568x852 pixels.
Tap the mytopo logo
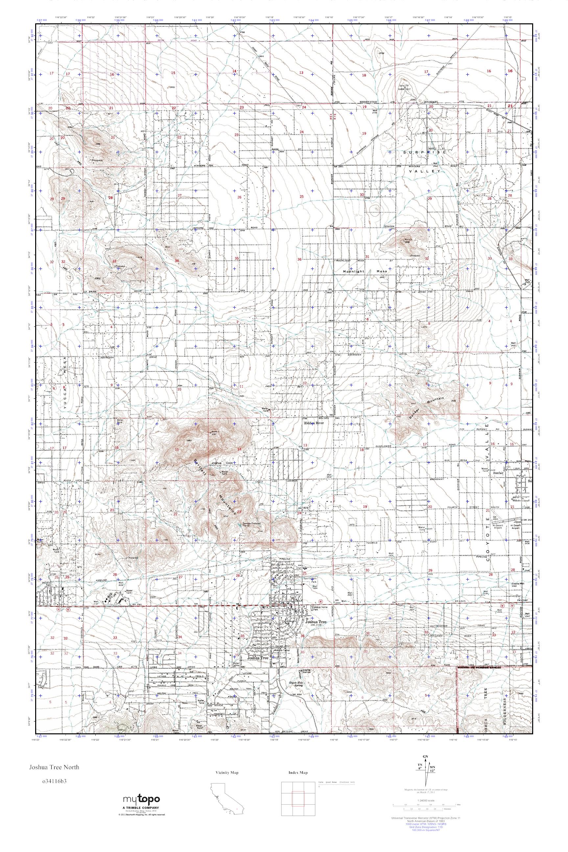141,798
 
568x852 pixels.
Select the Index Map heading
298,773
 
